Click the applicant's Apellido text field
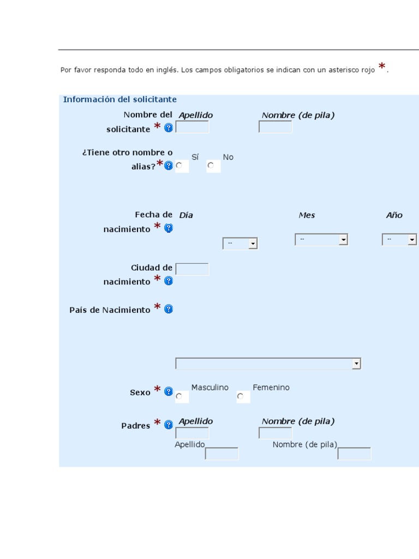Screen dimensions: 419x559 192,127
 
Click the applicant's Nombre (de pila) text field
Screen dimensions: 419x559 275,127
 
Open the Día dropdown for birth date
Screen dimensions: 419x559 240,244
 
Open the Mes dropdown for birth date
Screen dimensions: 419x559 321,239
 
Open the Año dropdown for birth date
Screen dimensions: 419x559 399,239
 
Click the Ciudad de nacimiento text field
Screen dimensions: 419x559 192,269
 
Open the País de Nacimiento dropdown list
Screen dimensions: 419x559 268,364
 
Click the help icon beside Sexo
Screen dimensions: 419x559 169,391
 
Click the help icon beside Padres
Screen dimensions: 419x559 169,424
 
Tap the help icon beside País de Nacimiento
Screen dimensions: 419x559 169,309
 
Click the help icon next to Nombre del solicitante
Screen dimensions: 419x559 169,128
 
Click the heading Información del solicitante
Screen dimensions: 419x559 119,99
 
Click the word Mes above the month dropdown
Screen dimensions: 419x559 307,215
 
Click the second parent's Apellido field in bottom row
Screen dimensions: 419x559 222,454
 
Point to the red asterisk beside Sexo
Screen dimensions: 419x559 158,390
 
